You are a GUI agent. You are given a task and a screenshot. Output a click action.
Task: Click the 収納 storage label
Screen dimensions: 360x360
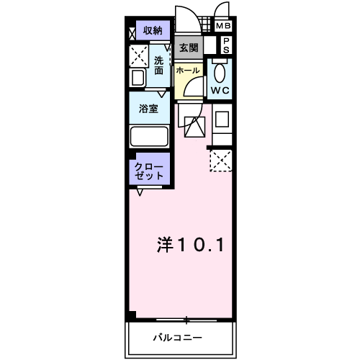pos(152,30)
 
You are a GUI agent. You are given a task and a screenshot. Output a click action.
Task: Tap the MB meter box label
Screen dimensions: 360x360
pos(224,27)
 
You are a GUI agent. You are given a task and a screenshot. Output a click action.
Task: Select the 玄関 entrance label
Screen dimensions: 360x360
pos(189,48)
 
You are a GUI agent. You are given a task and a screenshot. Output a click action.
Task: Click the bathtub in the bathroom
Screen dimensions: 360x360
pos(149,136)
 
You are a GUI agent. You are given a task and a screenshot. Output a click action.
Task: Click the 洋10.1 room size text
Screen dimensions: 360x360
pos(189,245)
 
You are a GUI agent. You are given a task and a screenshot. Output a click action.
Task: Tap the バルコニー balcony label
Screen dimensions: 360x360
pos(177,337)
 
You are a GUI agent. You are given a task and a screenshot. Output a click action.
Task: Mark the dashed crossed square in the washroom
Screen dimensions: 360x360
pos(138,56)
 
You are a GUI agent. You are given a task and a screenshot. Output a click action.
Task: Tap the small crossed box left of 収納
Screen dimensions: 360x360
pos(132,32)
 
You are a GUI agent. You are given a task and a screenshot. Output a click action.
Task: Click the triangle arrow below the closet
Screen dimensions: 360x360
pos(140,192)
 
